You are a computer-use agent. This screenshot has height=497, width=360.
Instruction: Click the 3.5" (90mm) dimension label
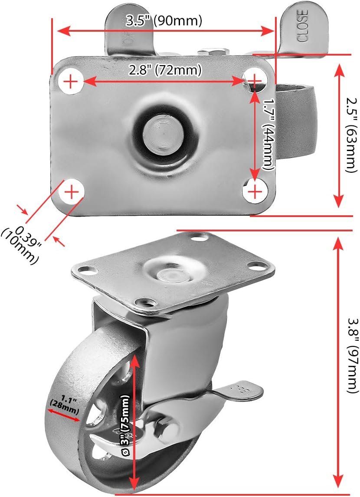pyautogui.click(x=164, y=20)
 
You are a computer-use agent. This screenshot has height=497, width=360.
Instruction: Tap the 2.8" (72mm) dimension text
pyautogui.click(x=165, y=70)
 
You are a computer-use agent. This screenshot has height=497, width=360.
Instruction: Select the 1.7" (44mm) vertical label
pyautogui.click(x=268, y=135)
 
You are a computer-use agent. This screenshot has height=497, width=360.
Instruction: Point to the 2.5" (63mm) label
pyautogui.click(x=351, y=135)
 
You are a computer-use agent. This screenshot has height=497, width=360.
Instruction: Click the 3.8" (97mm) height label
pyautogui.click(x=351, y=355)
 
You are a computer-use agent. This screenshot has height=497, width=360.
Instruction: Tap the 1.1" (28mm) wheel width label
pyautogui.click(x=65, y=405)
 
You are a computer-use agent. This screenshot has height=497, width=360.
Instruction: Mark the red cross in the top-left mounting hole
pyautogui.click(x=71, y=82)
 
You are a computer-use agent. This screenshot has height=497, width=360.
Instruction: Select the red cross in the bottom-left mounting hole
pyautogui.click(x=72, y=192)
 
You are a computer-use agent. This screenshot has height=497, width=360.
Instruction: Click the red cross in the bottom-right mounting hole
pyautogui.click(x=255, y=191)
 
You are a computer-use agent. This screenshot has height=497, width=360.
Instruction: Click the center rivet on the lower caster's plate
pyautogui.click(x=171, y=273)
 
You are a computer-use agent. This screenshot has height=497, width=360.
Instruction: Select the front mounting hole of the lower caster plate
pyautogui.click(x=146, y=302)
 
